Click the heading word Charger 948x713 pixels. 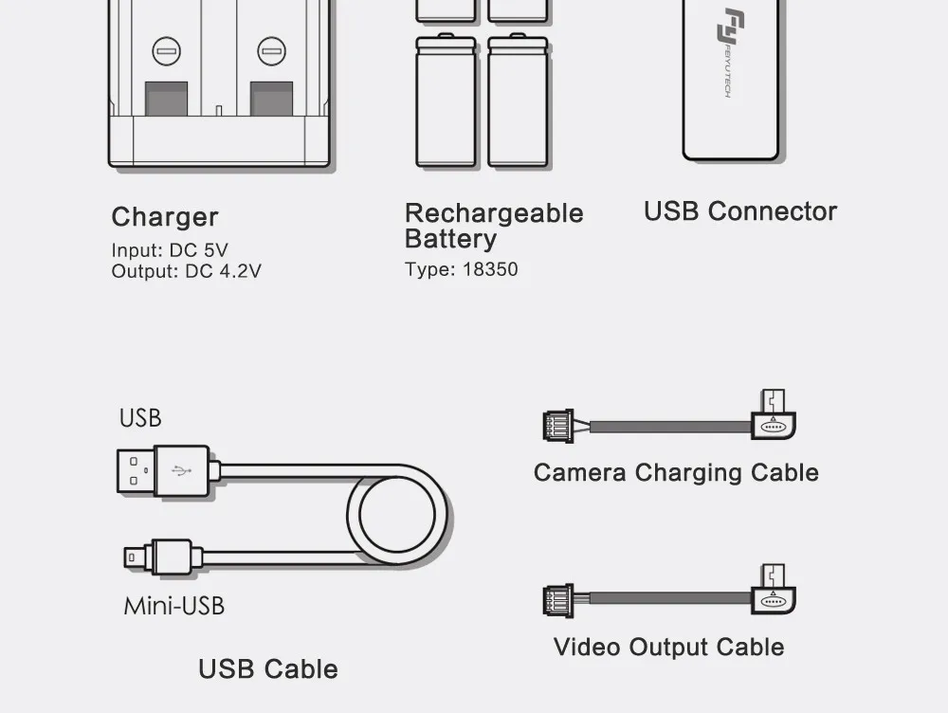[165, 218]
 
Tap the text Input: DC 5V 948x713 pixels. [170, 251]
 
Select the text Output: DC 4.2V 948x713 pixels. [186, 271]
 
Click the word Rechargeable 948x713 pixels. [493, 213]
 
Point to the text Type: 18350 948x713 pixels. [461, 269]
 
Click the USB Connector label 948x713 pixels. [739, 211]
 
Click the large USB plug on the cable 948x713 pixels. [162, 470]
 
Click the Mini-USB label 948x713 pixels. [173, 605]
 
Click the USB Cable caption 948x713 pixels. [267, 669]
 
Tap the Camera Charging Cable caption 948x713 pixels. [675, 473]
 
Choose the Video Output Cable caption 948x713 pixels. [668, 648]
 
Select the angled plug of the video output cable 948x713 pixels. [774, 594]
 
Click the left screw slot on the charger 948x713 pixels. [166, 50]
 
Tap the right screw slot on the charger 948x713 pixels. [271, 50]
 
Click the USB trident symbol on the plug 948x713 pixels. [180, 470]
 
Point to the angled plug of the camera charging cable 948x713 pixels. [774, 419]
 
